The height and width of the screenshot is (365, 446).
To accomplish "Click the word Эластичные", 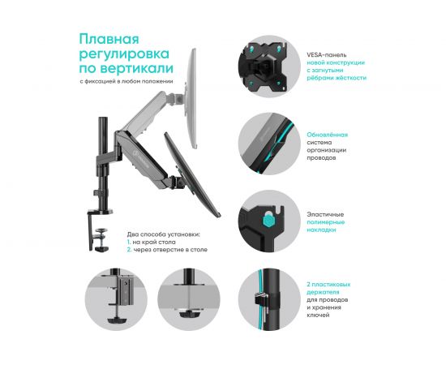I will [x=324, y=214].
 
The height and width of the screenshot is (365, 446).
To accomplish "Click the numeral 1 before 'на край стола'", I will [x=127, y=242].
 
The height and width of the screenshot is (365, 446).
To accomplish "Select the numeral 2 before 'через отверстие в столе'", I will [x=128, y=250].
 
